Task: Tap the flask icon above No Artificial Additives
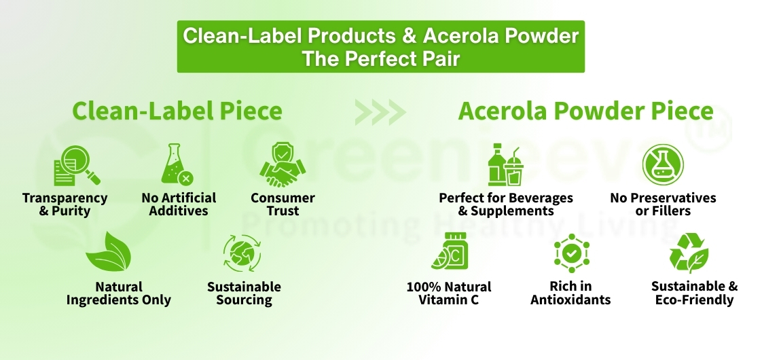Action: [x=176, y=165]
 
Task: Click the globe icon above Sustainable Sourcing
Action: [x=242, y=253]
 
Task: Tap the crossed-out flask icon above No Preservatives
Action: [x=662, y=165]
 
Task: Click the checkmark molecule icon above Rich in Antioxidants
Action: [x=572, y=253]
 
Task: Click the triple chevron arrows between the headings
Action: [x=380, y=112]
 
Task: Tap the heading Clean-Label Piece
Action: [x=177, y=111]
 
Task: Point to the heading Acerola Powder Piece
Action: [x=585, y=111]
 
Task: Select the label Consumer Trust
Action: [x=283, y=204]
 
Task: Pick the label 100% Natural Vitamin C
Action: [x=449, y=293]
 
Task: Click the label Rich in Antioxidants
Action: [x=570, y=293]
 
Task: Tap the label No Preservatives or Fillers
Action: [x=663, y=204]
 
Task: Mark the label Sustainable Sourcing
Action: [x=244, y=293]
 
